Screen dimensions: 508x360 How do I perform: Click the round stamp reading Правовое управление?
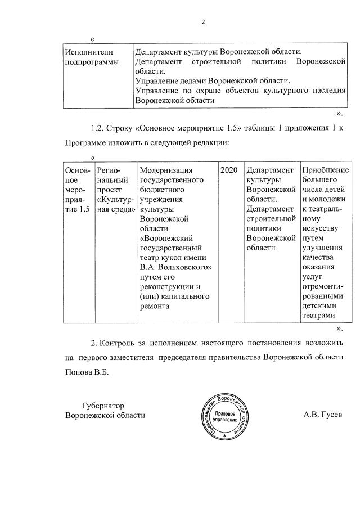[x=224, y=415]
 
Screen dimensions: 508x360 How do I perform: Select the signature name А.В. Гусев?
[x=322, y=415]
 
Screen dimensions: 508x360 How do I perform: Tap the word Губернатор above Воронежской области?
[x=102, y=405]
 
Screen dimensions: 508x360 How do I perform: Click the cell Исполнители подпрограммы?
[x=92, y=57]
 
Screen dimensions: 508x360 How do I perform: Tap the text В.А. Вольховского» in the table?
[x=175, y=267]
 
